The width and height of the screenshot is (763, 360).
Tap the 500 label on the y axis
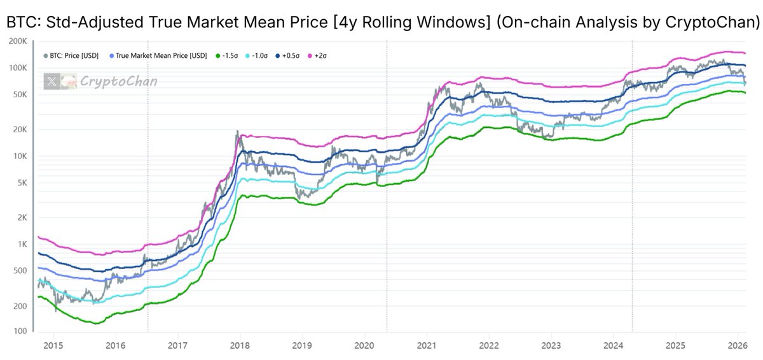pyautogui.click(x=20, y=271)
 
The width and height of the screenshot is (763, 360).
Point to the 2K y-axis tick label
pyautogui.click(x=22, y=218)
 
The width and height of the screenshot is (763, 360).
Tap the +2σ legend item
pyautogui.click(x=319, y=56)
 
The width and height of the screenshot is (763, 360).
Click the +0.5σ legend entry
pyautogui.click(x=290, y=56)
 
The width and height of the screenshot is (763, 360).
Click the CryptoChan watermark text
pyautogui.click(x=118, y=81)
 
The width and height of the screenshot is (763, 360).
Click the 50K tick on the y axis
pyautogui.click(x=20, y=95)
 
